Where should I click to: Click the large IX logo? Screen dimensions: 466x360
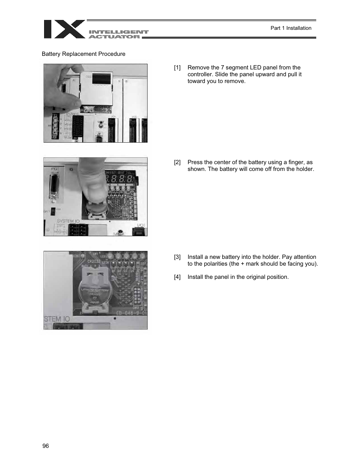tap(64, 29)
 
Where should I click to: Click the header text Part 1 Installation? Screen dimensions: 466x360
tap(291, 28)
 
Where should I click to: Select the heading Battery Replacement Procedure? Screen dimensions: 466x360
tap(83, 54)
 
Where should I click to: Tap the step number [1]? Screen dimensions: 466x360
tap(177, 68)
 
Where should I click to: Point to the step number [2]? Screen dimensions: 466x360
tap(177, 162)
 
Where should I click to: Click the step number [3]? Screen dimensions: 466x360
tap(177, 257)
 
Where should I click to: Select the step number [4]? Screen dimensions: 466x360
tap(177, 277)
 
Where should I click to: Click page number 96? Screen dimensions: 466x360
tap(46, 446)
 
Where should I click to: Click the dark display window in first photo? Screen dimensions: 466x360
tap(101, 78)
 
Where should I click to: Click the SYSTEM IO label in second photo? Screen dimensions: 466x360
tap(68, 221)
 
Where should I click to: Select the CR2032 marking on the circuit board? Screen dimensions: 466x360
tap(94, 261)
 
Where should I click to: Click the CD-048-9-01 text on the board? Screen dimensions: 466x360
tap(131, 313)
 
